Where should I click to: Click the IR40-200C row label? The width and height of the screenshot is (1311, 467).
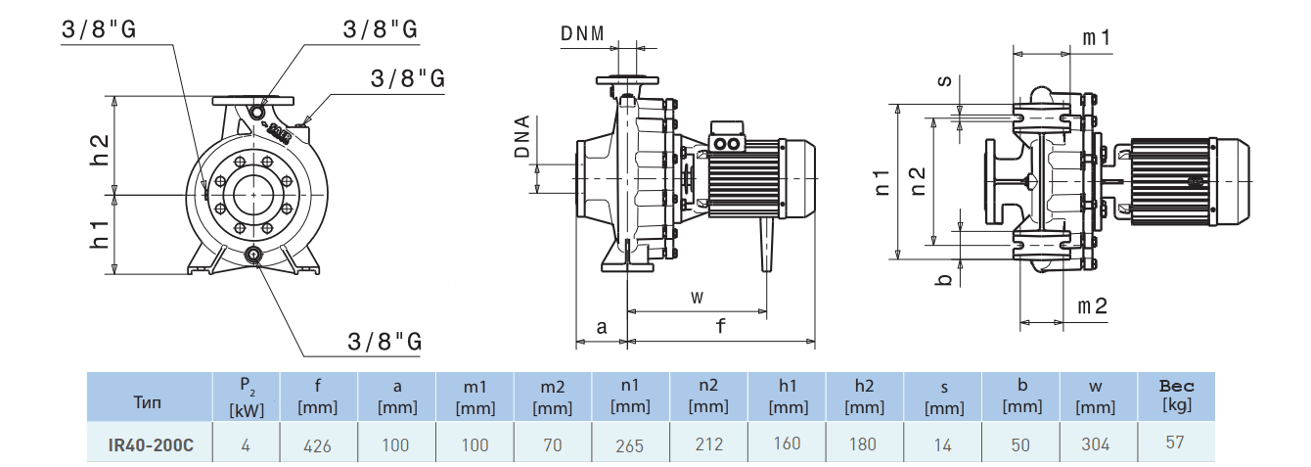(151, 444)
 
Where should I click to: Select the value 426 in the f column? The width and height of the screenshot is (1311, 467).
(317, 445)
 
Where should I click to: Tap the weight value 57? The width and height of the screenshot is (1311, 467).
(1175, 443)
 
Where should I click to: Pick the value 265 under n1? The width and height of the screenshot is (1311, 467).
(630, 445)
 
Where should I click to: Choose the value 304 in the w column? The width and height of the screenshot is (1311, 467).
(1097, 444)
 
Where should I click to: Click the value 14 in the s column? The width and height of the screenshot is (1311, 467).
(942, 444)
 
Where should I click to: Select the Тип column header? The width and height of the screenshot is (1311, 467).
(151, 401)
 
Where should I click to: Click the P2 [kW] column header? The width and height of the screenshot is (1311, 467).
(246, 397)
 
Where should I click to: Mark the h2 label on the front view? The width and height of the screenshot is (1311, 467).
(99, 148)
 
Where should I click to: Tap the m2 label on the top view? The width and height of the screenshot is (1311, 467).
(1092, 305)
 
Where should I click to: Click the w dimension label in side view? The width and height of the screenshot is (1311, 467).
(697, 296)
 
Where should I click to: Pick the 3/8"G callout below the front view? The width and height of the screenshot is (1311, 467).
(384, 341)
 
